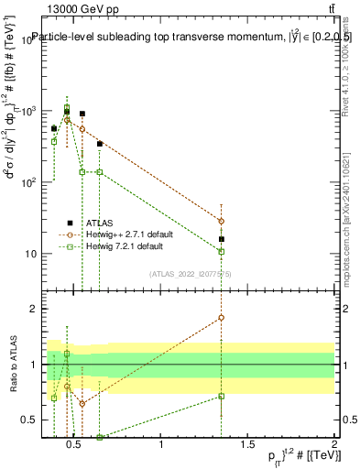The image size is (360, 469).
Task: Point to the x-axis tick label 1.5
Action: pos(248,446)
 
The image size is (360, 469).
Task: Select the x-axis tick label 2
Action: pos(334,446)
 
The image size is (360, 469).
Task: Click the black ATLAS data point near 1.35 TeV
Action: pos(221,239)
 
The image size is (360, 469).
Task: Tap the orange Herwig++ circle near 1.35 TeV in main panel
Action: pos(221,221)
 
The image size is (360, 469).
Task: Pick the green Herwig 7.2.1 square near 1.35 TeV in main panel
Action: pos(221,251)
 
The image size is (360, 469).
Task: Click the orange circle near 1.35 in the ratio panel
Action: pos(221,318)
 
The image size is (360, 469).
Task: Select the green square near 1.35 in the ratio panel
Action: pos(221,396)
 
